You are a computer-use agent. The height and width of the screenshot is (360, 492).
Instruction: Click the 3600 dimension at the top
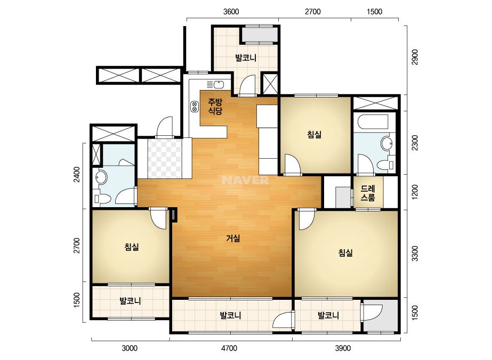click(x=231, y=12)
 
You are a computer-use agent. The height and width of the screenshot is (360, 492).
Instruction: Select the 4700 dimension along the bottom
click(x=229, y=348)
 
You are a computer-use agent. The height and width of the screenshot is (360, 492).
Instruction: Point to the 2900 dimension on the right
click(x=415, y=57)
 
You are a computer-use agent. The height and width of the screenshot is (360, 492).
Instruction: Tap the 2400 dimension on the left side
click(x=77, y=175)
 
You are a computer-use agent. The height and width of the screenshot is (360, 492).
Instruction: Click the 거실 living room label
click(x=233, y=239)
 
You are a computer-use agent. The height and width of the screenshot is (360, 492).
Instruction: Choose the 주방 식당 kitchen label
click(x=215, y=107)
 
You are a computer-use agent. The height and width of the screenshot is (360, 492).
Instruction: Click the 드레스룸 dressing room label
click(x=368, y=193)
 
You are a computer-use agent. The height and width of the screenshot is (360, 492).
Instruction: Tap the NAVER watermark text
click(x=245, y=180)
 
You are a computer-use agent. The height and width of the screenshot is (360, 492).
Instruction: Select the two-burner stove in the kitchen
click(x=194, y=107)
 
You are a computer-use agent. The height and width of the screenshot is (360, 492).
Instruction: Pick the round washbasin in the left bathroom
click(x=101, y=177)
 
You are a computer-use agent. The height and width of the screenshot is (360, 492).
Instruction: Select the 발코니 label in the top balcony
click(x=246, y=58)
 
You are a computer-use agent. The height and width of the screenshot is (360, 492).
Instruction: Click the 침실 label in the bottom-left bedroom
click(x=132, y=247)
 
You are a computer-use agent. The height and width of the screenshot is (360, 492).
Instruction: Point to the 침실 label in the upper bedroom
click(x=314, y=135)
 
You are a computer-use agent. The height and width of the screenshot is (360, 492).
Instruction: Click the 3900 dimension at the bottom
click(x=343, y=348)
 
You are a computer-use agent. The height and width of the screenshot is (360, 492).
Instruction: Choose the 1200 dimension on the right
click(x=415, y=192)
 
